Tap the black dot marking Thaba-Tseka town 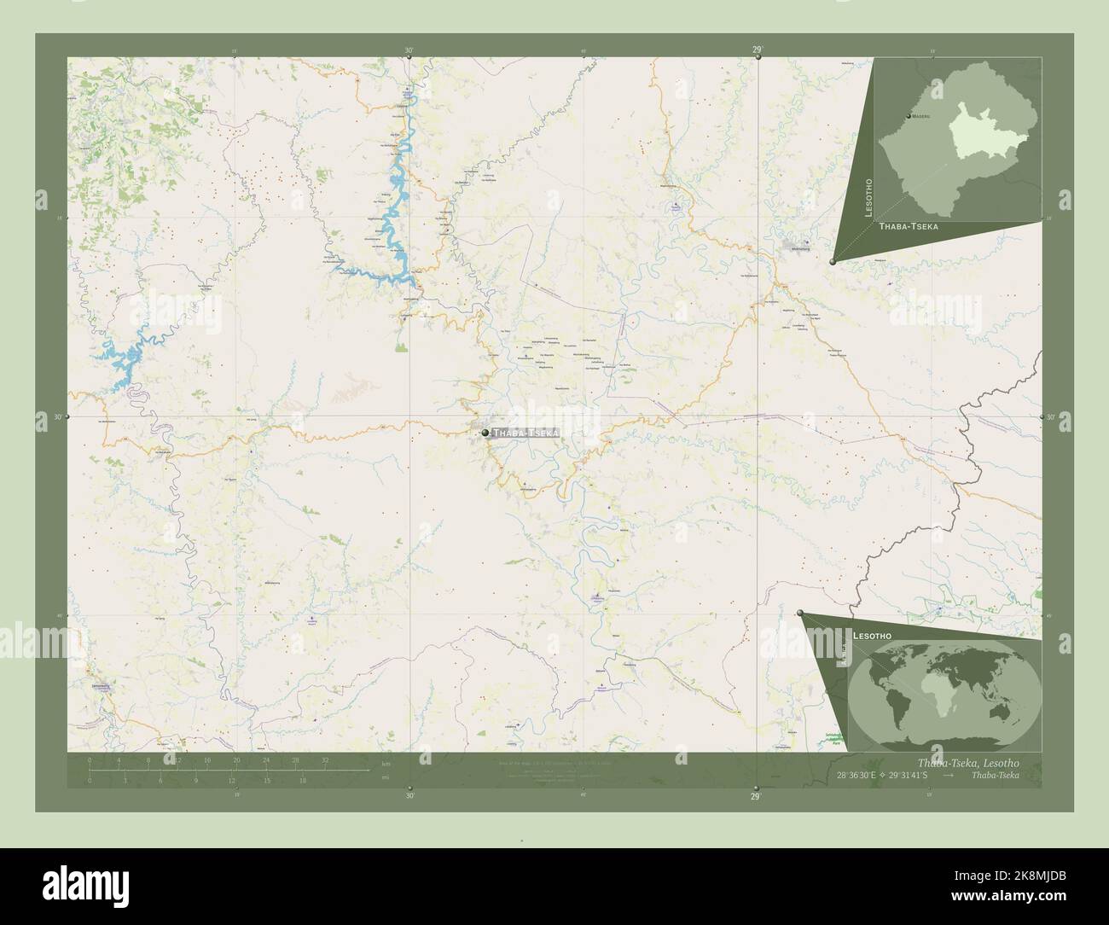[485, 433]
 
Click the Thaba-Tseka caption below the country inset [909, 227]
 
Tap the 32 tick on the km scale [325, 759]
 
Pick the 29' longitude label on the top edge [757, 50]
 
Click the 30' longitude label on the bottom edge [410, 796]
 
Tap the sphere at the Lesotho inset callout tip [833, 262]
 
